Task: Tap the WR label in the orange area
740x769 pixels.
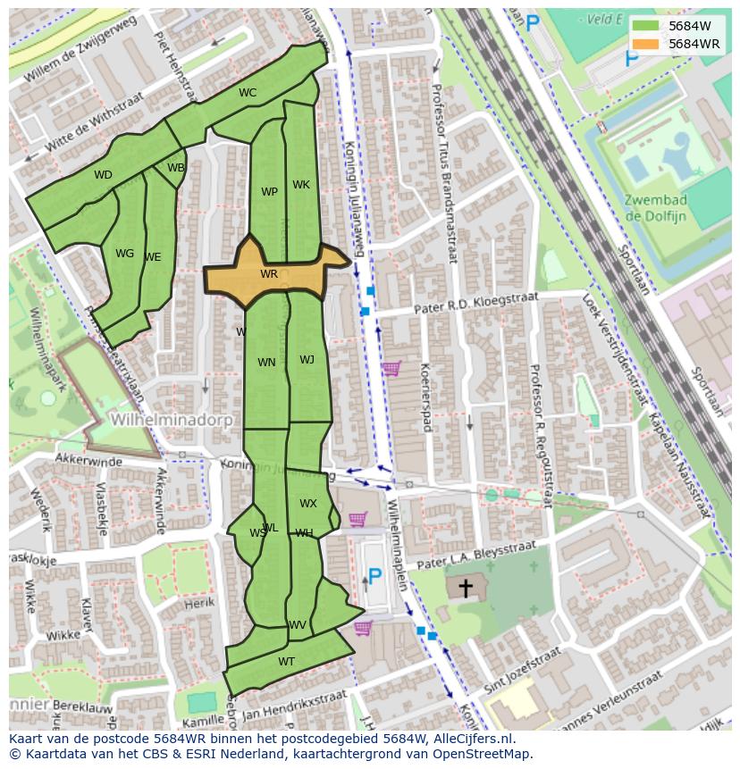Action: [x=269, y=274]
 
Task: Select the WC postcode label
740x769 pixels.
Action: [x=248, y=93]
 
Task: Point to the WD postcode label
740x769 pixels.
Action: [x=103, y=175]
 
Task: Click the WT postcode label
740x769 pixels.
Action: [x=286, y=662]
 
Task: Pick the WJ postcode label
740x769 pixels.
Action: [x=307, y=360]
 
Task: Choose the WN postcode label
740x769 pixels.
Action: [x=266, y=363]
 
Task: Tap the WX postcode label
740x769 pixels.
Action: [x=307, y=504]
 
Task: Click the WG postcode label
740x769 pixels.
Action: [x=124, y=254]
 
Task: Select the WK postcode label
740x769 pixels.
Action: [x=301, y=185]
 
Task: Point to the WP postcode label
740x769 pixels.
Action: [x=269, y=192]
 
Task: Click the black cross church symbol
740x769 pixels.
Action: [x=465, y=588]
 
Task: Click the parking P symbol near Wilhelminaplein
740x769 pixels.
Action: [x=375, y=576]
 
